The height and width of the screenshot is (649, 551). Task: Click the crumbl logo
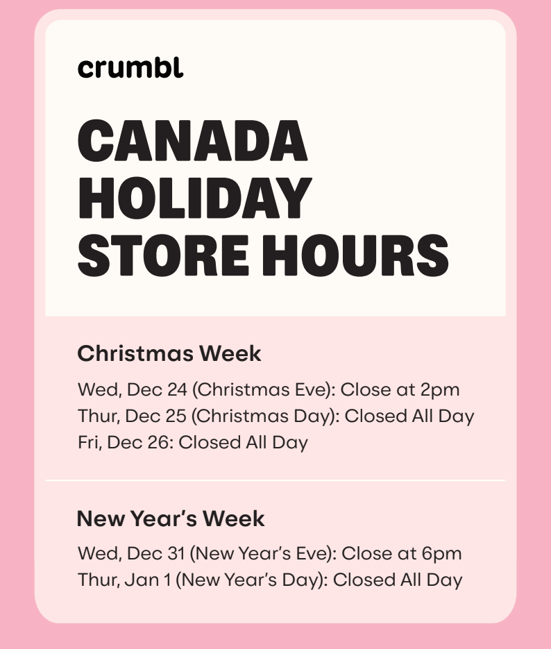tap(130, 68)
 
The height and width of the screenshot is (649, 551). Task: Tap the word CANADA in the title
tap(192, 140)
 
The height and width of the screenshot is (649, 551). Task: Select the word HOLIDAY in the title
tap(194, 198)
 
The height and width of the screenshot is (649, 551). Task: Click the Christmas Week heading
tap(169, 353)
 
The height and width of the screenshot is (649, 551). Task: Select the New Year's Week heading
tap(171, 519)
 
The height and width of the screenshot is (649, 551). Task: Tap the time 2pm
tap(440, 389)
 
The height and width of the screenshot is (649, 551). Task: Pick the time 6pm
tap(441, 554)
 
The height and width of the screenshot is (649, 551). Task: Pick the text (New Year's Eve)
tap(262, 554)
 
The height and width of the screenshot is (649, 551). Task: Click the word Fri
tap(89, 442)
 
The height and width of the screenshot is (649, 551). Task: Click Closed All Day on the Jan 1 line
tap(398, 580)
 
